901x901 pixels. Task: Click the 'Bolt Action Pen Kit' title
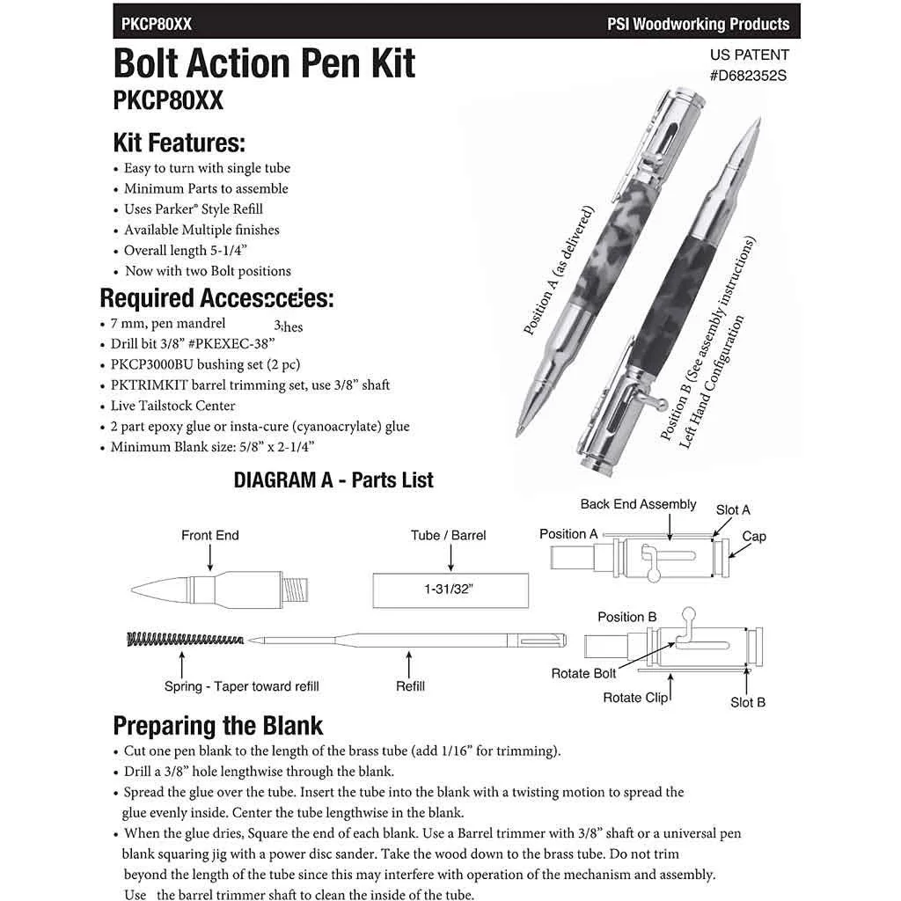coord(264,63)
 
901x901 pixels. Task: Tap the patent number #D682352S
coord(747,76)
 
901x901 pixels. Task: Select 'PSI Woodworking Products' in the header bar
coord(698,24)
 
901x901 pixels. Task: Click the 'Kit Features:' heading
coord(179,143)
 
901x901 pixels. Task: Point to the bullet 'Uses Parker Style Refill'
coord(193,209)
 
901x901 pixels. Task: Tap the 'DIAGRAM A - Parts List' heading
coord(333,480)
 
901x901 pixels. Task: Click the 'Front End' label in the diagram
coord(210,535)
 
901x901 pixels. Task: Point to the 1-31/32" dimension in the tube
coord(451,591)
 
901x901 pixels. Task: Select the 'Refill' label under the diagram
coord(410,685)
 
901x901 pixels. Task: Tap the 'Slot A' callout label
coord(733,510)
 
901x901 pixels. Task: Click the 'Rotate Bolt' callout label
coord(583,673)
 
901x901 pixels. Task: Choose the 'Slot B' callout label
coord(747,702)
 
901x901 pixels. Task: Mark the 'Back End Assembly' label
coord(638,504)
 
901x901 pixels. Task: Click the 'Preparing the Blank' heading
coord(218,726)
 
